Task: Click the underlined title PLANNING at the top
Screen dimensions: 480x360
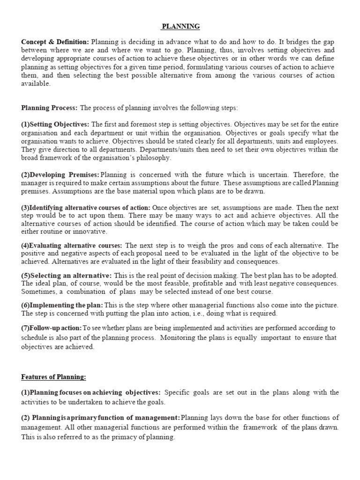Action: tap(180, 27)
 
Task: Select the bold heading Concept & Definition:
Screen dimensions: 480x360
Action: tap(55, 42)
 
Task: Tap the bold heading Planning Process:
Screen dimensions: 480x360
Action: tap(49, 108)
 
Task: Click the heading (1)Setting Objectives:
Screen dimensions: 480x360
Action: tap(55, 124)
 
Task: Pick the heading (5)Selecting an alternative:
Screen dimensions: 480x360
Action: tap(66, 275)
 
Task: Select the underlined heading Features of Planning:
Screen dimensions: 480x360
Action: tap(53, 377)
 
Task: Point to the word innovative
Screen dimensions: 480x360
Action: tap(90, 232)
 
